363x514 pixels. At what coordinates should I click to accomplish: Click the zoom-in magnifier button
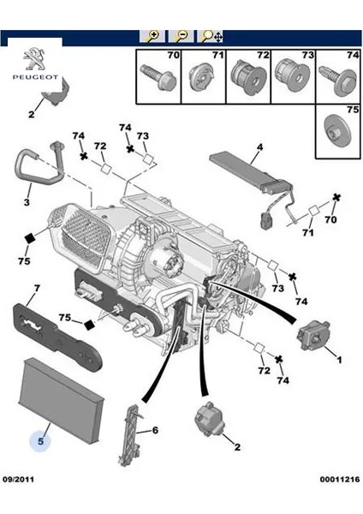pos(152,36)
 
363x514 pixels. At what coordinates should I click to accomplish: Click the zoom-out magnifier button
pos(181,36)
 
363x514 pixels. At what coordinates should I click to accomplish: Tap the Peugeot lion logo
pos(35,58)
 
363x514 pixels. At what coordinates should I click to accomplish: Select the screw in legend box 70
pos(158,77)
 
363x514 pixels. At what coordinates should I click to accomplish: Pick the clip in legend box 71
pos(203,77)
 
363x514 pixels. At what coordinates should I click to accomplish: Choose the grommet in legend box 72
pos(248,78)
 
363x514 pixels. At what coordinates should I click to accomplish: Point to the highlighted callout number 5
pos(40,441)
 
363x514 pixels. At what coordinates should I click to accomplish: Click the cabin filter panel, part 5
pos(61,400)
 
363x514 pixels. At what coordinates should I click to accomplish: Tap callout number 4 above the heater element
pos(259,147)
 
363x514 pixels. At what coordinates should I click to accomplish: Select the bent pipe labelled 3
pos(39,164)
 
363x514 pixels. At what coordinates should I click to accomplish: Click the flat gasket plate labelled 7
pos(57,337)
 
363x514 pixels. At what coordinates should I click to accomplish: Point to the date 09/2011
pos(19,479)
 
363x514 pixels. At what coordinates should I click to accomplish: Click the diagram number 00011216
pos(340,479)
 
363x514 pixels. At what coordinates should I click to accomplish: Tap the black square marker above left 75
pos(30,239)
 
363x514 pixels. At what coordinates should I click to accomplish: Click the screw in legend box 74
pos(338,79)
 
